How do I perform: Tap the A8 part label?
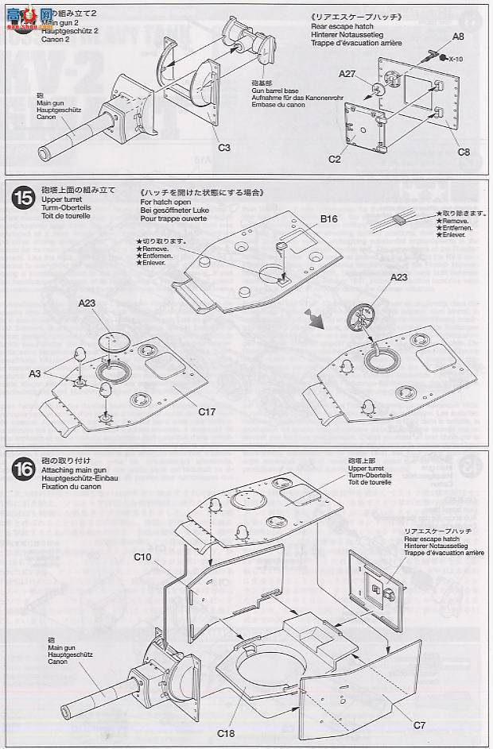coord(457,36)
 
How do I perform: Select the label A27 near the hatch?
coord(347,74)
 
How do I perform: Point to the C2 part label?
coord(335,160)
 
